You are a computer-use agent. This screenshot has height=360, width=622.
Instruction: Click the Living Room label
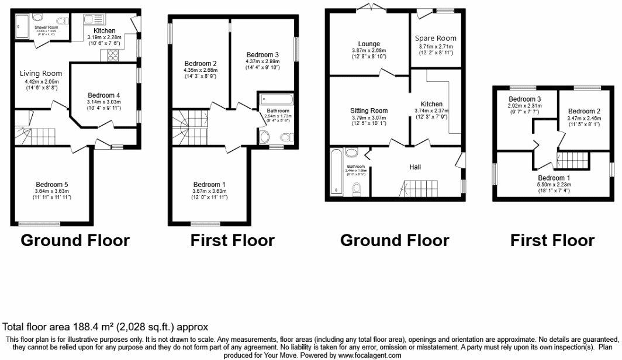pyautogui.click(x=40, y=73)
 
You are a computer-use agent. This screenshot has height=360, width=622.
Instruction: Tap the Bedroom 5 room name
pyautogui.click(x=52, y=184)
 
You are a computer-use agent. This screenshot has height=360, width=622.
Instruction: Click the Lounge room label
pyautogui.click(x=369, y=44)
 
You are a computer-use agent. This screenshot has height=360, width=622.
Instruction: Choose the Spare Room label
pyautogui.click(x=436, y=39)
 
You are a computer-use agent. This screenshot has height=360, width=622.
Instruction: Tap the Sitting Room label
pyautogui.click(x=369, y=110)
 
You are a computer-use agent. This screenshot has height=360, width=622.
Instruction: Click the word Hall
pyautogui.click(x=415, y=167)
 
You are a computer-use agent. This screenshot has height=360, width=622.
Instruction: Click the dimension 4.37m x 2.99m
pyautogui.click(x=262, y=61)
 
